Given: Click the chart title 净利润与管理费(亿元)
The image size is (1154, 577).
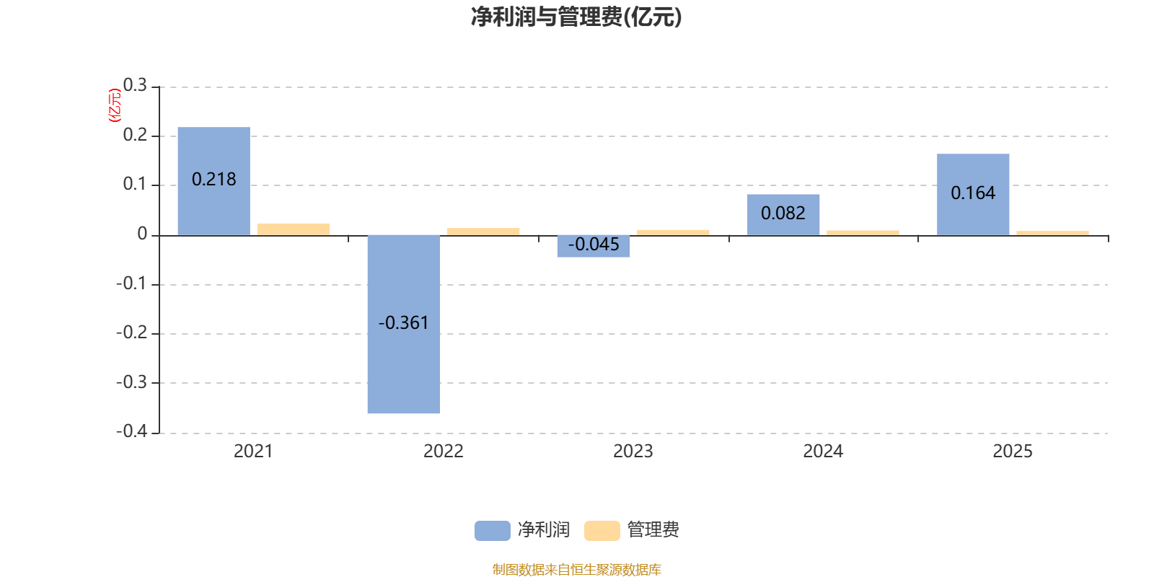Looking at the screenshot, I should click(x=576, y=17).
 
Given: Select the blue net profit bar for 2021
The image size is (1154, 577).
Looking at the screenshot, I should click(x=213, y=180).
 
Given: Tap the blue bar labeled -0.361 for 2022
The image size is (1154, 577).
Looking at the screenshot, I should click(x=403, y=324).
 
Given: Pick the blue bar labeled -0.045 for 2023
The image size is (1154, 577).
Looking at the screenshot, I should click(x=593, y=246).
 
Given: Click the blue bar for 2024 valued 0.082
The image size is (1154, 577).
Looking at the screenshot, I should click(x=783, y=214).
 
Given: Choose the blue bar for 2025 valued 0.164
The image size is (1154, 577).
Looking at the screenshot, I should click(x=973, y=194).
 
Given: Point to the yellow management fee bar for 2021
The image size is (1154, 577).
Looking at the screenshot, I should click(x=294, y=229).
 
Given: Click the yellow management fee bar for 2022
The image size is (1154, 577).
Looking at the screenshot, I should click(x=483, y=231).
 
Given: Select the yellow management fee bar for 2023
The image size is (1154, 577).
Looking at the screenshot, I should click(x=673, y=232).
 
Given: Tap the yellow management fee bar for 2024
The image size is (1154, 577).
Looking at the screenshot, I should click(x=863, y=232).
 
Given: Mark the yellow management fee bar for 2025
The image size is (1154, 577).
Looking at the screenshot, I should click(x=1052, y=232).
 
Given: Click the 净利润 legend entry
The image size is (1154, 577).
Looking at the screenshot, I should click(x=523, y=530).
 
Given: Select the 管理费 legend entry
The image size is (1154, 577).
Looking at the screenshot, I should click(x=633, y=530).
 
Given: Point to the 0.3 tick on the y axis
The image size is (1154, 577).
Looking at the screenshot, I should click(x=135, y=86).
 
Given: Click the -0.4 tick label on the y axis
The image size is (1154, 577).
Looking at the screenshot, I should click(x=132, y=431).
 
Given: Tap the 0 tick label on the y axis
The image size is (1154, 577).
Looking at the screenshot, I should click(x=142, y=234).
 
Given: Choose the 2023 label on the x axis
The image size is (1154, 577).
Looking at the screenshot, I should click(x=633, y=452).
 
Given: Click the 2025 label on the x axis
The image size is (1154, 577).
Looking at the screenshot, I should click(x=1013, y=452).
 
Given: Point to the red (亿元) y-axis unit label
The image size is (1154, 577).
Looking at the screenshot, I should click(x=114, y=105).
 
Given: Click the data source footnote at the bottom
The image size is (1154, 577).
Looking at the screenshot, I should click(x=576, y=570).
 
